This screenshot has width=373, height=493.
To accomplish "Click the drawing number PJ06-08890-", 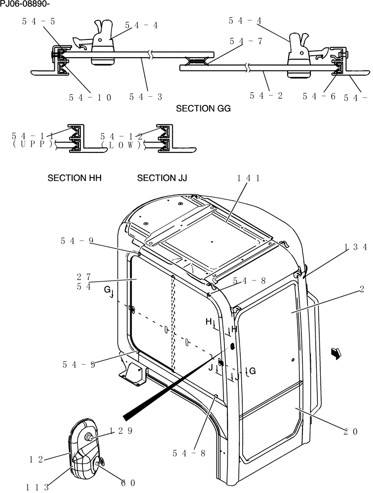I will click(25, 4).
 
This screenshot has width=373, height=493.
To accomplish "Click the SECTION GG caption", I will click(203, 108).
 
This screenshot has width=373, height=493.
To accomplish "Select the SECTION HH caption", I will click(74, 178).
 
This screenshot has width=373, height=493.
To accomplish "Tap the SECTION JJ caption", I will click(162, 178).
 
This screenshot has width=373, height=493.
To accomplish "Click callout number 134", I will click(355, 247).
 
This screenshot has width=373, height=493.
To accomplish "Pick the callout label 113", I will click(37, 487).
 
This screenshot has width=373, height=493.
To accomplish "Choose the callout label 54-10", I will click(90, 97).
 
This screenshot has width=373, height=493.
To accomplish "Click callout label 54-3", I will click(146, 97).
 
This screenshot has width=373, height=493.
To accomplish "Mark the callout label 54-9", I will click(77, 241).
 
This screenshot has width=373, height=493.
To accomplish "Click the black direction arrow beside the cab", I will click(336, 353).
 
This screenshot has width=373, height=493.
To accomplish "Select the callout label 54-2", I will click(266, 96).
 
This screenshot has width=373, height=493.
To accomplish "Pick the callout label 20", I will click(351, 431).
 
